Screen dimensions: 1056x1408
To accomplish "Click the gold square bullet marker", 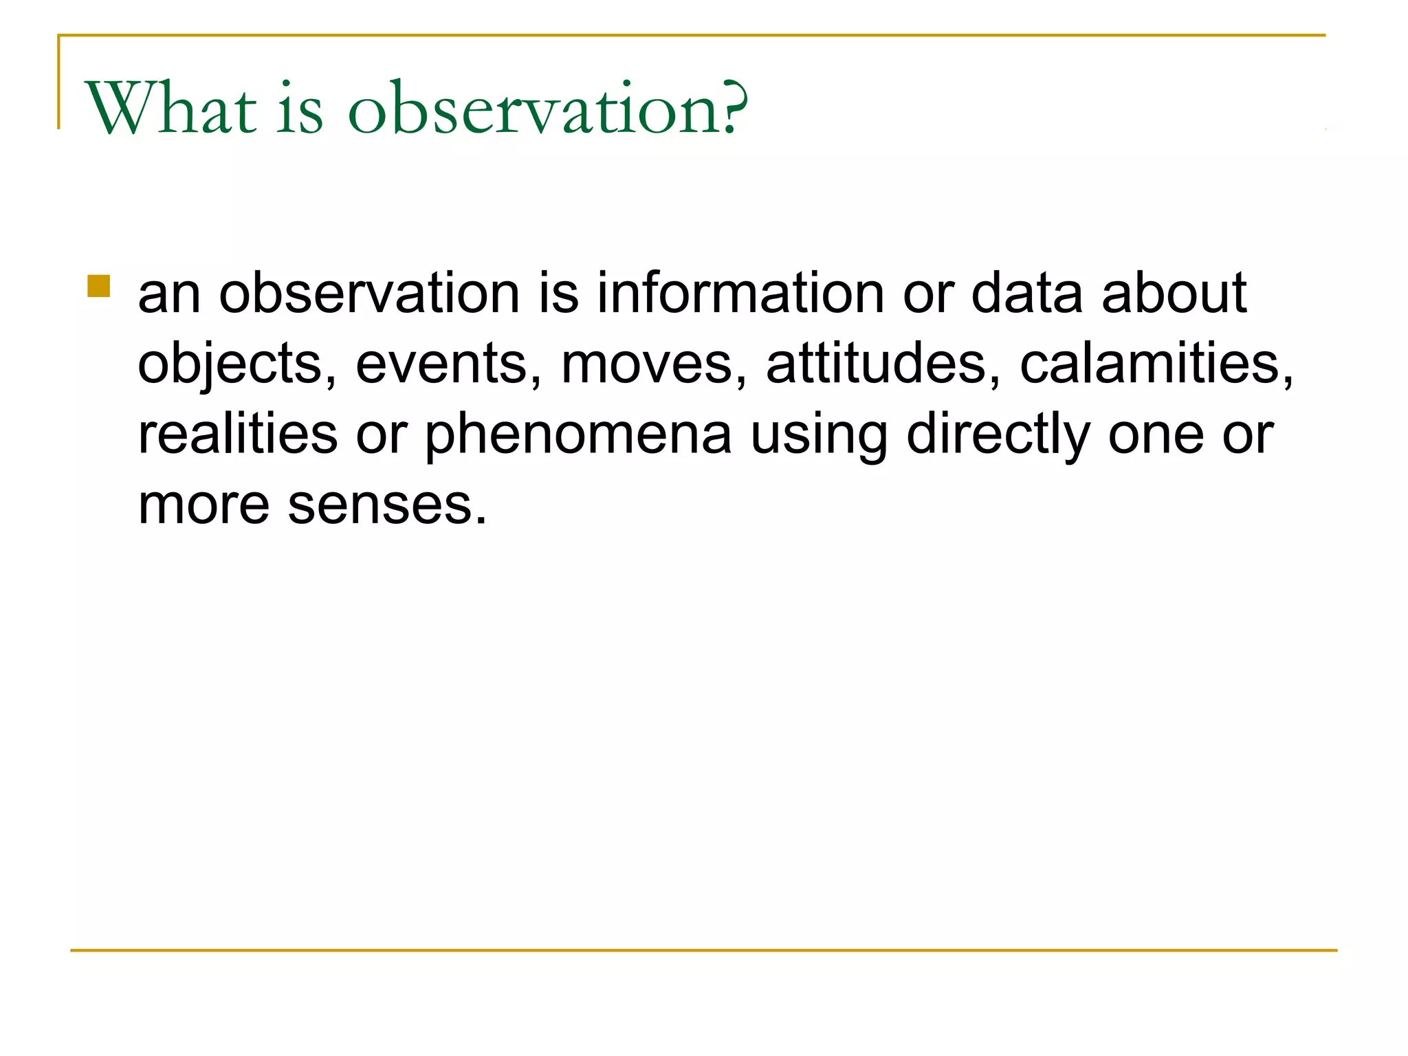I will tap(99, 286).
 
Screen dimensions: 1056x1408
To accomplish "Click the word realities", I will tap(238, 434).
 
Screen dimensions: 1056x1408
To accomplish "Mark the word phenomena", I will tap(578, 435).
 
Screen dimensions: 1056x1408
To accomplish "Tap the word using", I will tap(819, 435).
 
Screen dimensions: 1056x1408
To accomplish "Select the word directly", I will tap(998, 435).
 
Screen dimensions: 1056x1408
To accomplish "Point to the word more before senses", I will tap(203, 505).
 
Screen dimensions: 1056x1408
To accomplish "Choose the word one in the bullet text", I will tap(1156, 435).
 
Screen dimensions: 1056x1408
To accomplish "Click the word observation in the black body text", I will tap(369, 293).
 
